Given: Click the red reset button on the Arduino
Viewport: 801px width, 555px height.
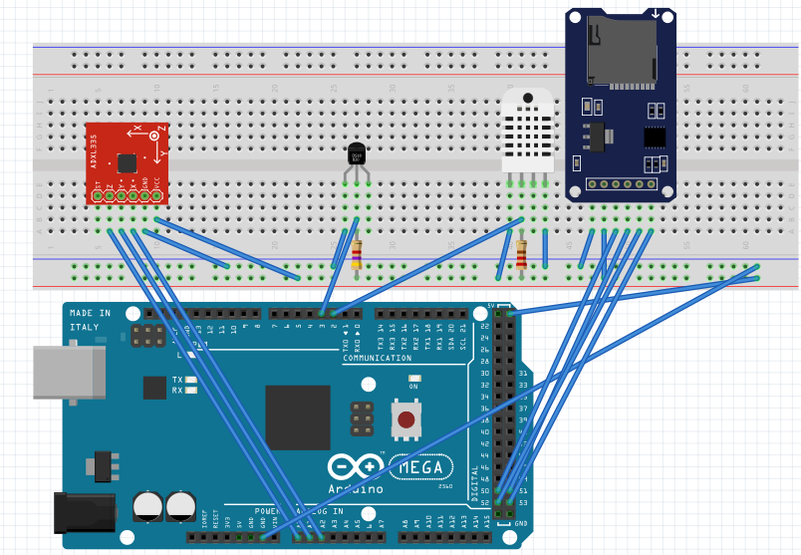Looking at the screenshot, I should pyautogui.click(x=405, y=420).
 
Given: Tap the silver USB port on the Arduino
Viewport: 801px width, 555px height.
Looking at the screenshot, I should pyautogui.click(x=69, y=371).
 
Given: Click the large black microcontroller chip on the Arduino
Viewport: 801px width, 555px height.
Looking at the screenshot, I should pyautogui.click(x=297, y=416).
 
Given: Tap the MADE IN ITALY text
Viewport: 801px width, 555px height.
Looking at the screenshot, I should pyautogui.click(x=91, y=319).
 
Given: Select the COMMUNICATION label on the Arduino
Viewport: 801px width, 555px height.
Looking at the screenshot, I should pyautogui.click(x=377, y=358).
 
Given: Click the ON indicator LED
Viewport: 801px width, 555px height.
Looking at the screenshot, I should pyautogui.click(x=414, y=378).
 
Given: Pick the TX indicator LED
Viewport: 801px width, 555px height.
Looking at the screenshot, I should pyautogui.click(x=190, y=380).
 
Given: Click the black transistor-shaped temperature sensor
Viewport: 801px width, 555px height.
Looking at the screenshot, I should pyautogui.click(x=357, y=154).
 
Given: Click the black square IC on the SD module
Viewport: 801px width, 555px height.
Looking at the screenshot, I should pyautogui.click(x=654, y=136).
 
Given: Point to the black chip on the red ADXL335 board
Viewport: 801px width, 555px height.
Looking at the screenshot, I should pyautogui.click(x=128, y=162).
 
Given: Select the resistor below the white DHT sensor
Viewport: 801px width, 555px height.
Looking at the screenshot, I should pyautogui.click(x=522, y=254).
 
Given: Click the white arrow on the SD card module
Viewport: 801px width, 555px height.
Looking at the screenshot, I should pyautogui.click(x=656, y=14).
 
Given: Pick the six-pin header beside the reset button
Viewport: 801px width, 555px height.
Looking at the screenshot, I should pyautogui.click(x=362, y=417).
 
